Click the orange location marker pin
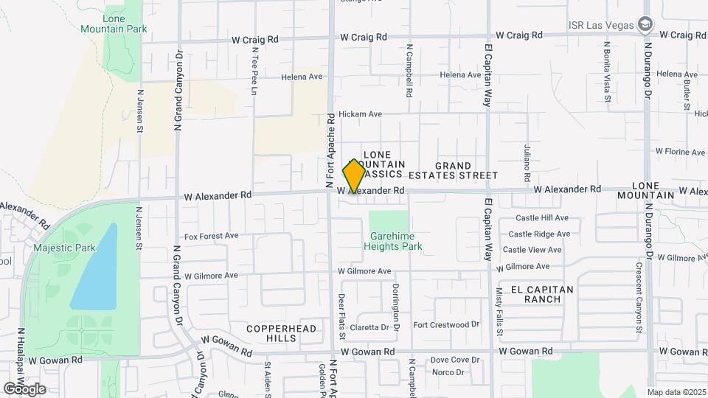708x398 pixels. (354, 176)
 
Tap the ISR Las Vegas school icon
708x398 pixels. (646, 24)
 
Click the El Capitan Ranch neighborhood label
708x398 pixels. (538, 294)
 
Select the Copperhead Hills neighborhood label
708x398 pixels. (282, 333)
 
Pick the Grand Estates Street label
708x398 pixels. (467, 170)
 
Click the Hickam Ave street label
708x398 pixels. (360, 114)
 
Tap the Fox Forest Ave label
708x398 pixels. (211, 237)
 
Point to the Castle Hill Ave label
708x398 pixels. (542, 218)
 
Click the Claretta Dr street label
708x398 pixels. (369, 327)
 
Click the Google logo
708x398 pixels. (24, 388)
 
